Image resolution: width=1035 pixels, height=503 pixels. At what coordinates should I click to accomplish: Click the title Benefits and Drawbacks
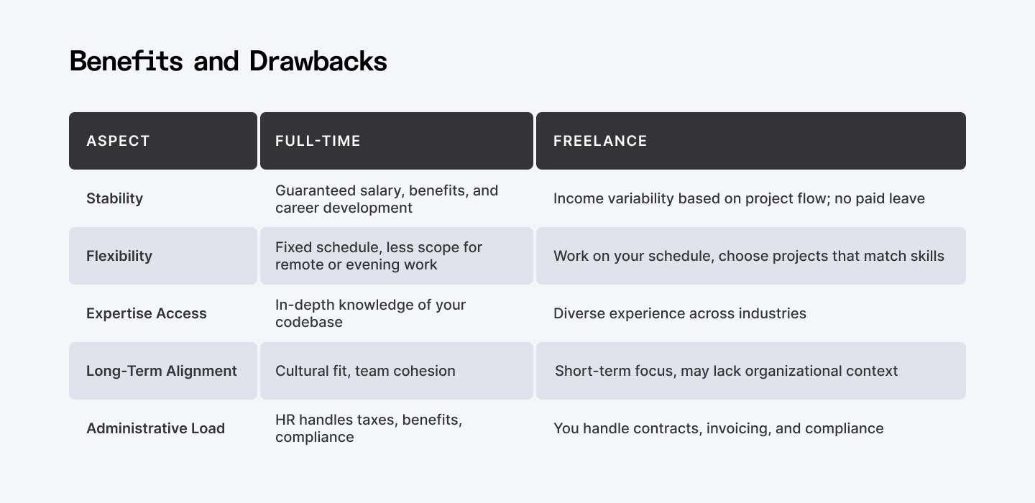pyautogui.click(x=228, y=62)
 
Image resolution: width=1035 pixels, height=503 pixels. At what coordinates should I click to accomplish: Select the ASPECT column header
pyautogui.click(x=118, y=141)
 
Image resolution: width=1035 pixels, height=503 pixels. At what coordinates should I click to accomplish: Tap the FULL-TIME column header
pyautogui.click(x=318, y=141)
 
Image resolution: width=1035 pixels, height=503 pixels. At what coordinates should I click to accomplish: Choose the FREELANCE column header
pyautogui.click(x=600, y=141)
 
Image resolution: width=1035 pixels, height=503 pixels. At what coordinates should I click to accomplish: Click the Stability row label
pyautogui.click(x=114, y=198)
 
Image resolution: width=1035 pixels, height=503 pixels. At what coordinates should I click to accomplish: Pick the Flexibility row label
pyautogui.click(x=119, y=256)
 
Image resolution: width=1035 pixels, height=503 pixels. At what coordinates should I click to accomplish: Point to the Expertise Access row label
pyautogui.click(x=147, y=313)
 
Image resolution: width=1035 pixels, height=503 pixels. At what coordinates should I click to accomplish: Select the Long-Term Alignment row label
pyautogui.click(x=162, y=371)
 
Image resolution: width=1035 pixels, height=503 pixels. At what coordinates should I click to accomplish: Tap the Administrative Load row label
pyautogui.click(x=155, y=428)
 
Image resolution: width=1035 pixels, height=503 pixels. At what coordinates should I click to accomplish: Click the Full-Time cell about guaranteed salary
pyautogui.click(x=386, y=199)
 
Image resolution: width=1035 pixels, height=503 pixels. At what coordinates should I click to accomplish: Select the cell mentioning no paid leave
pyautogui.click(x=739, y=198)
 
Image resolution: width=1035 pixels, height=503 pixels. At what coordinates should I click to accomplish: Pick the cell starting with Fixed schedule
pyautogui.click(x=378, y=256)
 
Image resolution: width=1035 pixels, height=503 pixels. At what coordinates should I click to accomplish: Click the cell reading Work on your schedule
pyautogui.click(x=748, y=256)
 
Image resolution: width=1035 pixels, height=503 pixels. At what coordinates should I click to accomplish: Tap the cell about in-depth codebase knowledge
pyautogui.click(x=370, y=313)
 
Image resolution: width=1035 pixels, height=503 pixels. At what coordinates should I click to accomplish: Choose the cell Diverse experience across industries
pyautogui.click(x=679, y=313)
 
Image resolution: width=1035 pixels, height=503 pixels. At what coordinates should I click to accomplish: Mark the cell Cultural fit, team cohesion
pyautogui.click(x=365, y=371)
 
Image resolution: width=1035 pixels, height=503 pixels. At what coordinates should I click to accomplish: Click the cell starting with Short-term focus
pyautogui.click(x=726, y=371)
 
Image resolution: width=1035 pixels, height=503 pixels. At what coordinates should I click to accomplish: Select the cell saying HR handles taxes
pyautogui.click(x=368, y=428)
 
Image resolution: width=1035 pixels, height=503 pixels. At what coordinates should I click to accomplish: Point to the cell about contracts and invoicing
pyautogui.click(x=718, y=428)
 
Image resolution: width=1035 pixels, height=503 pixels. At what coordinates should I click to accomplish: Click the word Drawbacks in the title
pyautogui.click(x=318, y=62)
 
